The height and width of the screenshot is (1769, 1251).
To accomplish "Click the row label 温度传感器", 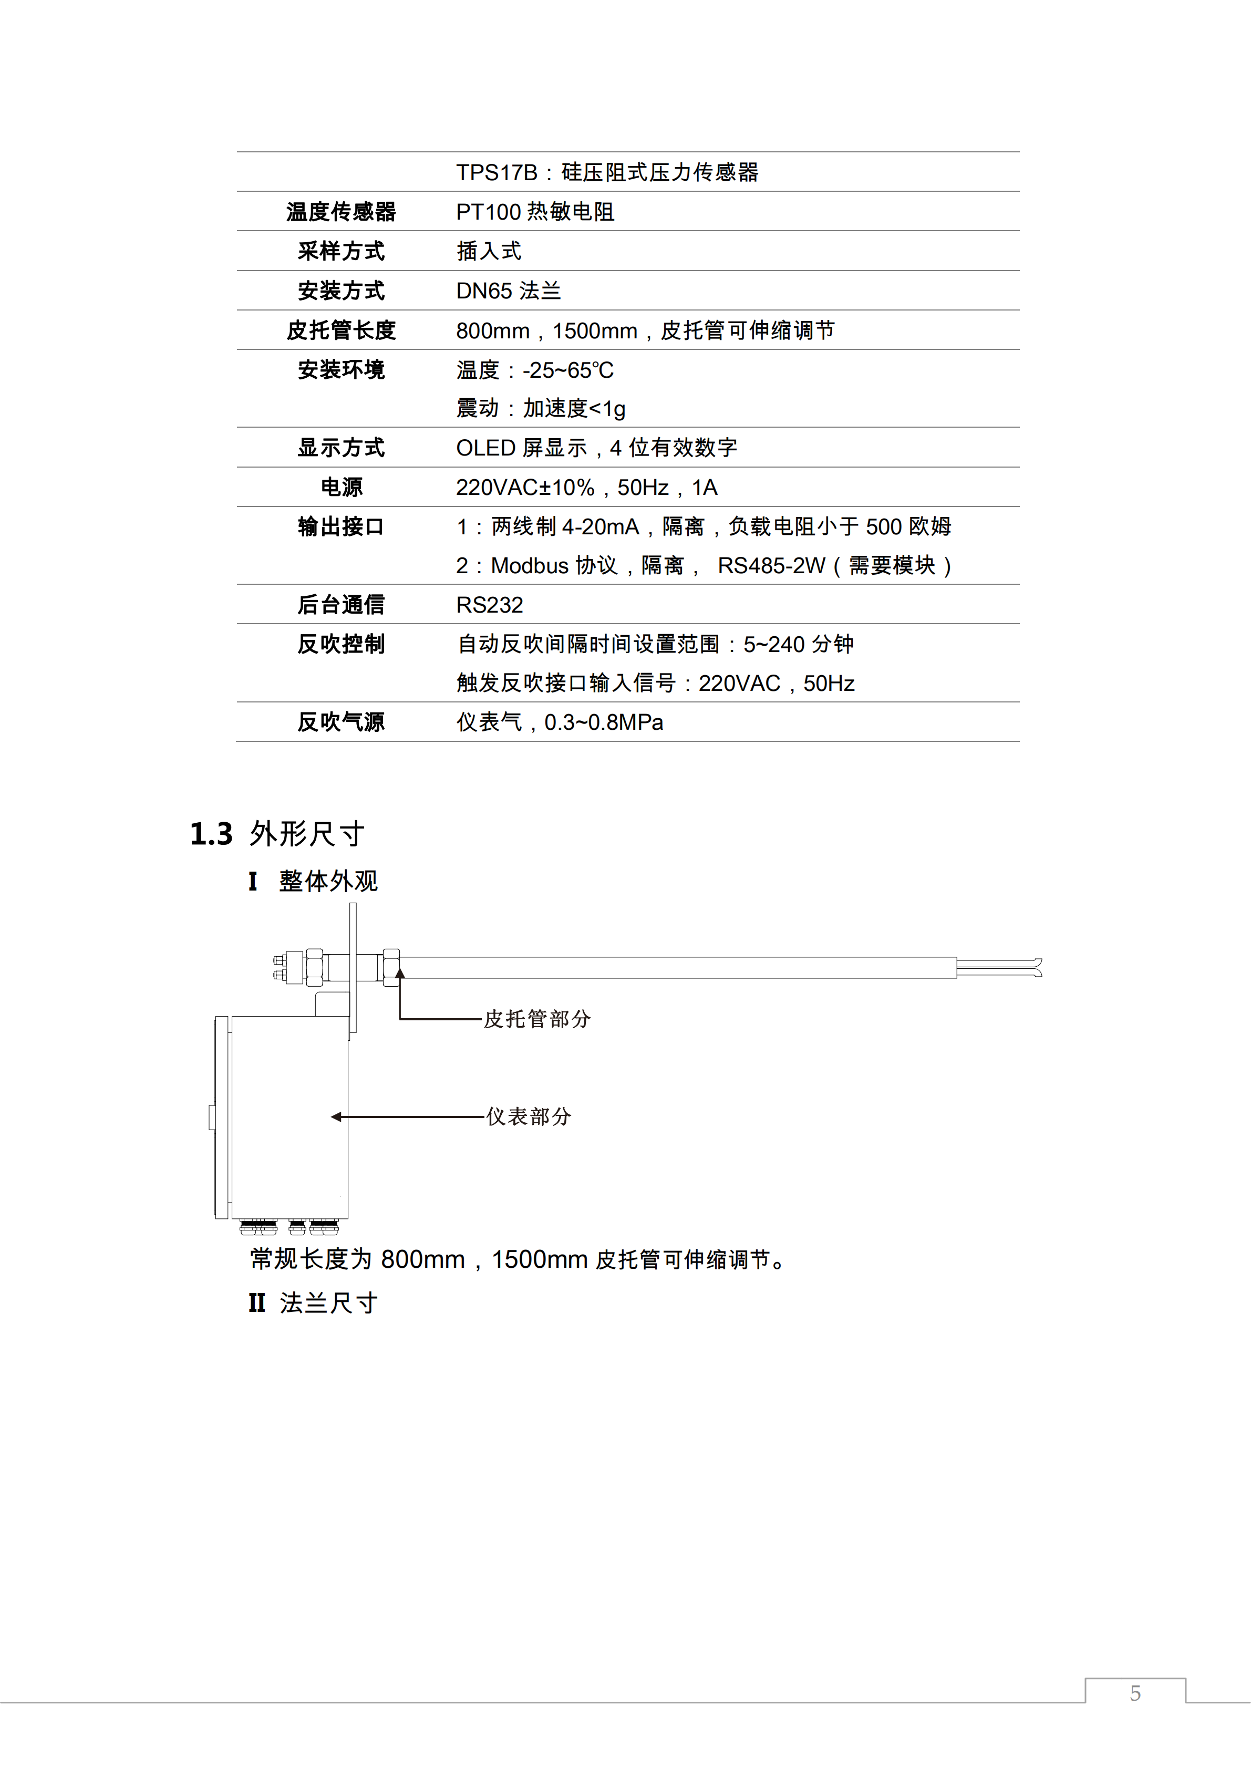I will point(340,212).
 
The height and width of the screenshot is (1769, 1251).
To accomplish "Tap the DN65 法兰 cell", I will point(509,291).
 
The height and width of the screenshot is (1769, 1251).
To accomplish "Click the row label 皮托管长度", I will point(340,330).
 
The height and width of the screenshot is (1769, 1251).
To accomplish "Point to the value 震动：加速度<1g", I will point(540,408).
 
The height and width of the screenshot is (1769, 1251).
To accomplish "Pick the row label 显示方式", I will point(340,448).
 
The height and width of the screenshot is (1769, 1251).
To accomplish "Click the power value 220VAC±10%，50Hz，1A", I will point(586,488).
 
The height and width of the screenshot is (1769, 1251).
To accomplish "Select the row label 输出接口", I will point(340,527).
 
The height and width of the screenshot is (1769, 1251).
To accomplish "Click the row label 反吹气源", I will point(340,723).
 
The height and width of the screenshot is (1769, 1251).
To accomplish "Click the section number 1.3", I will point(211,834).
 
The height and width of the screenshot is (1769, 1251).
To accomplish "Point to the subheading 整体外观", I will point(328,882).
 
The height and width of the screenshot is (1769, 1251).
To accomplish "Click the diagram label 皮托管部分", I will point(537,1019).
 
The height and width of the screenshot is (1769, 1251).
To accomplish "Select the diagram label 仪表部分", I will point(529,1116).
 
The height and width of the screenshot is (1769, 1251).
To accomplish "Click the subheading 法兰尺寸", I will point(328,1303).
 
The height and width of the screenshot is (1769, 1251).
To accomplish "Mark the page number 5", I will point(1135,1693).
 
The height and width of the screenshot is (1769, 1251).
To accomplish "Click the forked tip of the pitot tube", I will point(1036,968).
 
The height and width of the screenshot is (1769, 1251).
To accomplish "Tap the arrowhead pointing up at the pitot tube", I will point(400,974).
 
